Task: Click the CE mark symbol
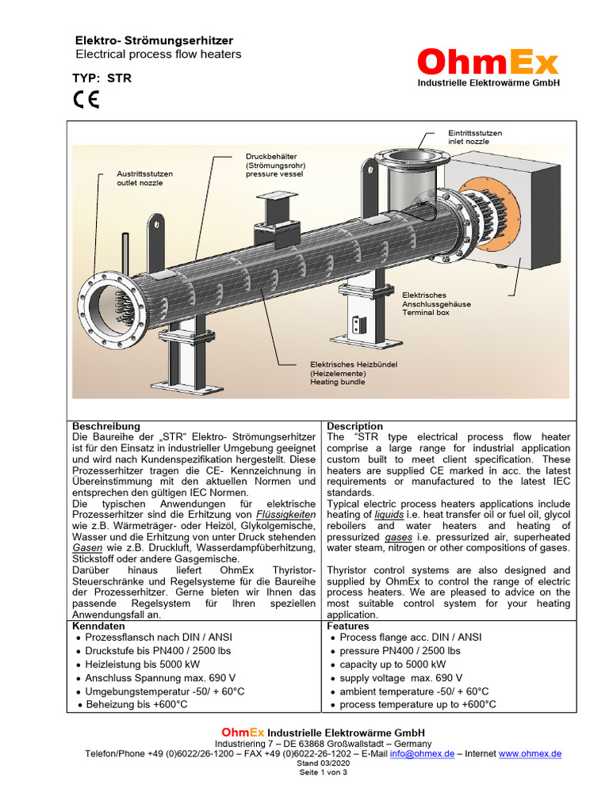(x=86, y=100)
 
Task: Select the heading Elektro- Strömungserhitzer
(x=154, y=40)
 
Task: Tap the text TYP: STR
(x=102, y=78)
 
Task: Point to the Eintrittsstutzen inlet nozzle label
(x=475, y=138)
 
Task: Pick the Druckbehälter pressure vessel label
(x=274, y=166)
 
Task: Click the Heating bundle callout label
(x=353, y=373)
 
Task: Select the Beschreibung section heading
(x=105, y=426)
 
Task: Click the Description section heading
(x=354, y=426)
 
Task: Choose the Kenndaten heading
(x=98, y=626)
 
